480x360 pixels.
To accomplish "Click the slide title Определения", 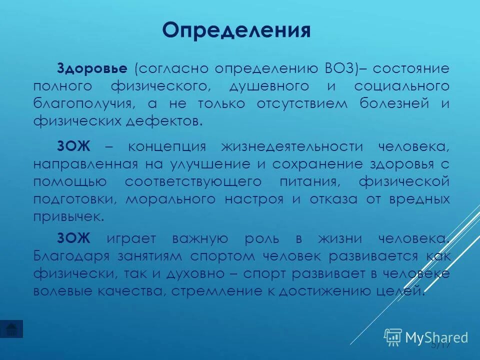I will point(236,31).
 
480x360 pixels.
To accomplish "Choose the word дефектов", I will point(166,121).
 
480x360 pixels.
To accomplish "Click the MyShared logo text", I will point(436,337).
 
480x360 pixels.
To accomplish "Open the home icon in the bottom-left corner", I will point(11,328).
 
